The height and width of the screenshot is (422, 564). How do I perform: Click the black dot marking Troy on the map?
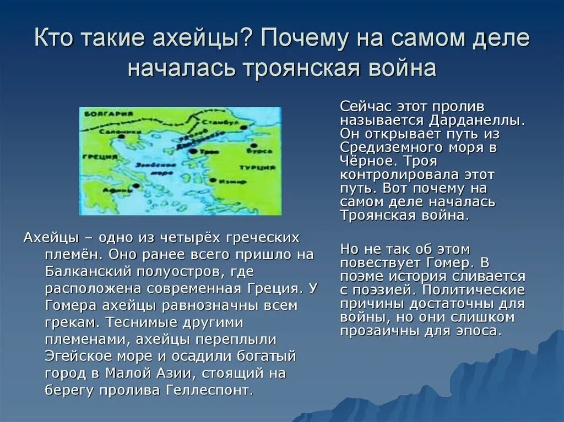[192, 150]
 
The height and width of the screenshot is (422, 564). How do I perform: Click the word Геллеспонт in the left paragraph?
[209, 391]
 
